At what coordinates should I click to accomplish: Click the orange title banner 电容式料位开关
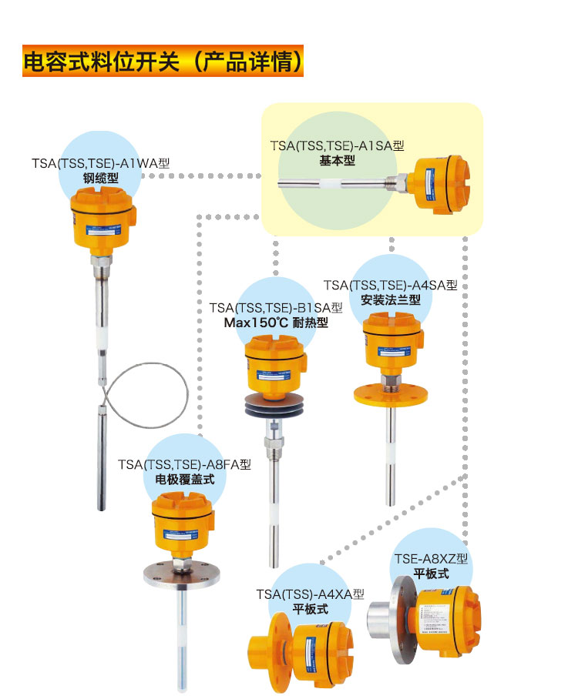click(x=163, y=62)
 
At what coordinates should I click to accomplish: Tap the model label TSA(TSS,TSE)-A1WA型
click(x=100, y=163)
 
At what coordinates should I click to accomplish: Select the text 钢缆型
click(x=100, y=179)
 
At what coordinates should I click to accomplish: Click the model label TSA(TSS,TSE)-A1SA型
click(x=337, y=145)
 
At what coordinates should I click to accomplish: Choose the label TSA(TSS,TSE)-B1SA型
click(x=276, y=308)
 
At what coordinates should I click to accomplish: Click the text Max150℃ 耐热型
click(x=276, y=323)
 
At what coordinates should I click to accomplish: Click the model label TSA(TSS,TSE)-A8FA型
click(x=185, y=464)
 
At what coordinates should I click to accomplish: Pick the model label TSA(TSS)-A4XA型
click(x=311, y=594)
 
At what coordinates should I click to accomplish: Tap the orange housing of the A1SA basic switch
click(x=439, y=186)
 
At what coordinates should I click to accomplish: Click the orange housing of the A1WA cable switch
click(x=103, y=222)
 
